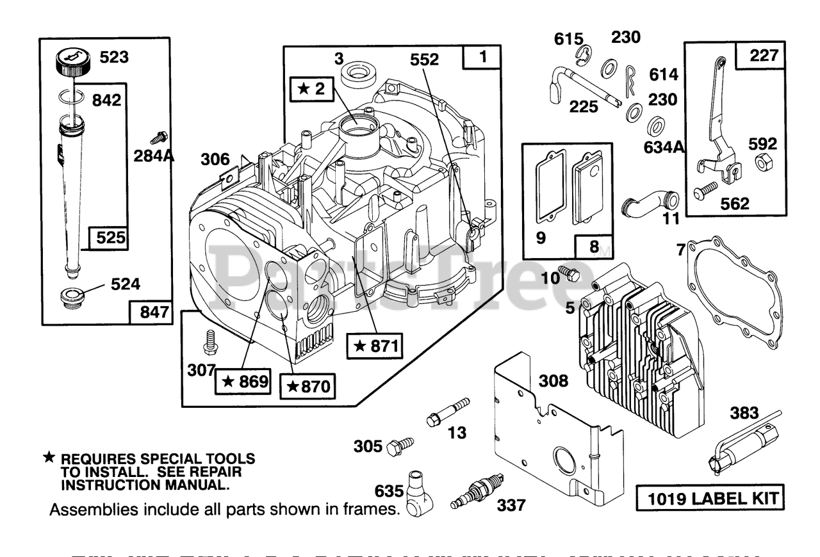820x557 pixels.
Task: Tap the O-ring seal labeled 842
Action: tap(70, 97)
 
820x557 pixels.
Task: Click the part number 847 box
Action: tap(151, 312)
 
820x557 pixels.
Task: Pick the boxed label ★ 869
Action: tap(243, 382)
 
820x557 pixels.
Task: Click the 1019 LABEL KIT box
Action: tap(710, 497)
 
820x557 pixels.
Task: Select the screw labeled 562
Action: tap(706, 190)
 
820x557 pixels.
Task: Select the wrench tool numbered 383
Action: tap(743, 442)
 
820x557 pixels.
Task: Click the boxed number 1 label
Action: tap(482, 57)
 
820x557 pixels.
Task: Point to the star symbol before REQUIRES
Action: tap(49, 458)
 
